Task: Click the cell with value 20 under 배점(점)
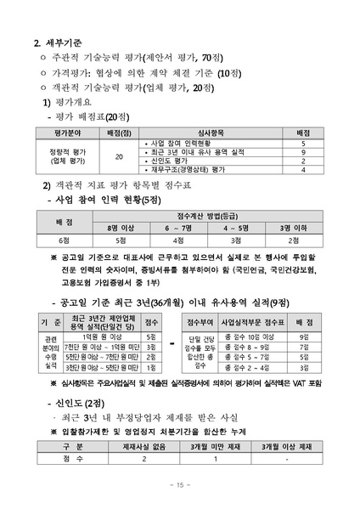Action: coord(119,157)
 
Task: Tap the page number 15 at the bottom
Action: coord(179,485)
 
